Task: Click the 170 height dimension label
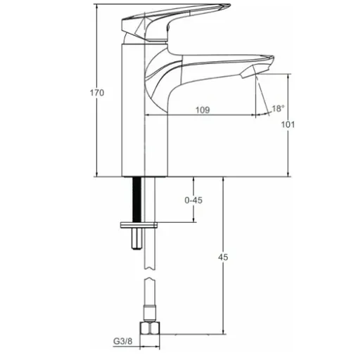coord(97,93)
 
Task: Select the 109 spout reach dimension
coord(203,110)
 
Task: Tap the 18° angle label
coord(278,108)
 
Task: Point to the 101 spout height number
coord(288,124)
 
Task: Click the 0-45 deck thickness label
coord(193,200)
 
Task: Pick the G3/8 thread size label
coord(123,341)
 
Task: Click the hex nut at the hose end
coord(150,329)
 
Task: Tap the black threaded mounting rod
coord(137,200)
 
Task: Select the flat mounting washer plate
coord(139,225)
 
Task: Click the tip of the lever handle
coord(229,5)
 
